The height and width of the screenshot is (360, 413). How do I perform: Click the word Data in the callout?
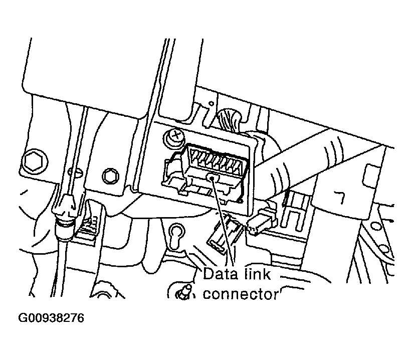click(220, 274)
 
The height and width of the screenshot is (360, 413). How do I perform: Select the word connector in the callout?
click(240, 294)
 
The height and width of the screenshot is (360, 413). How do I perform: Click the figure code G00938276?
click(51, 318)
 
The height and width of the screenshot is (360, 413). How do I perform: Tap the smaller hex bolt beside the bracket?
click(110, 176)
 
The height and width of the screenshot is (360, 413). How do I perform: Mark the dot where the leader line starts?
click(212, 178)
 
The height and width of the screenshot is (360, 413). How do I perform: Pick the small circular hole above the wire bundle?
click(211, 104)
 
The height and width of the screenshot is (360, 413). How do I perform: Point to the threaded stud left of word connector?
click(185, 292)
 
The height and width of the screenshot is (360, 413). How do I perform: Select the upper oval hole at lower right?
click(376, 226)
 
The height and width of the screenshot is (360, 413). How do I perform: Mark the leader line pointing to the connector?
click(223, 222)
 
